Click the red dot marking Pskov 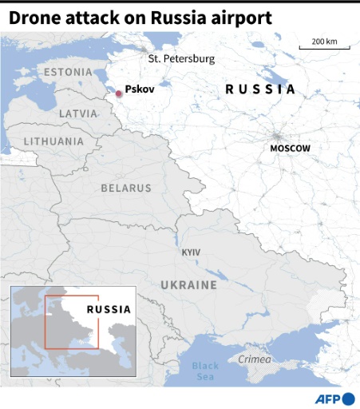(119, 93)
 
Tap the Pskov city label (139, 90)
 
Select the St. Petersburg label (181, 59)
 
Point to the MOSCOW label (290, 149)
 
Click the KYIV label (191, 252)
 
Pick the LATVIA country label (78, 114)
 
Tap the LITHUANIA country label (53, 141)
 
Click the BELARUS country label (125, 189)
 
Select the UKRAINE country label (188, 285)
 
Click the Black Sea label (205, 371)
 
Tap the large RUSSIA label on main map (260, 89)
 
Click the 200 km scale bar (324, 48)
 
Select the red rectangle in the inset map (71, 322)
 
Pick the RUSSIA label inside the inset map (109, 308)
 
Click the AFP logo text (327, 399)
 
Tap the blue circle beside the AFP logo (349, 399)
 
